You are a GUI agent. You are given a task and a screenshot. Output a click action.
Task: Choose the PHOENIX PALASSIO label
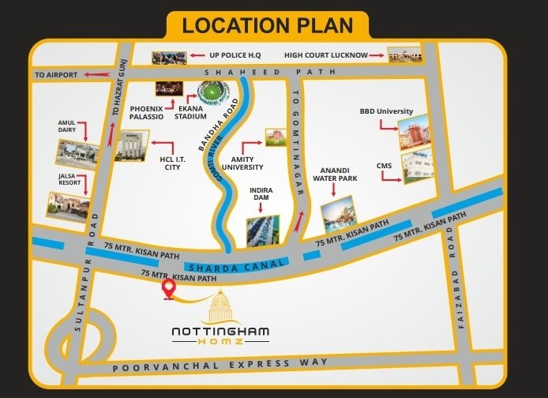(147, 112)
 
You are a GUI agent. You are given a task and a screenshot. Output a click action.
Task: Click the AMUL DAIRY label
(66, 127)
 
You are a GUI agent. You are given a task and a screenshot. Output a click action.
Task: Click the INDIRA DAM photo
(261, 229)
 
